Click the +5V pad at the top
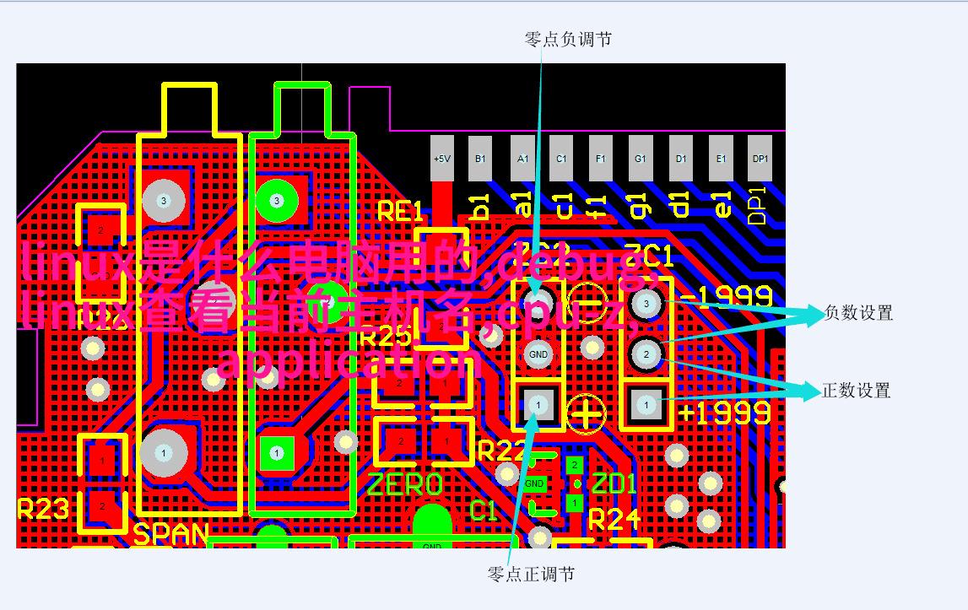click(442, 159)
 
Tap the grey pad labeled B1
click(480, 159)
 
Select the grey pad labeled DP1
click(760, 159)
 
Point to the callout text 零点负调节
click(568, 40)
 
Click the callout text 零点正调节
click(531, 575)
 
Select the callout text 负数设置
click(858, 313)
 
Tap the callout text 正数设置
click(857, 391)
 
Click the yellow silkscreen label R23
click(43, 509)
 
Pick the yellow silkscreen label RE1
click(399, 212)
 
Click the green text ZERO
click(405, 484)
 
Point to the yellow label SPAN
click(171, 535)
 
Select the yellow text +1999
click(725, 413)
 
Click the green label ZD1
click(614, 484)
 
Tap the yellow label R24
click(615, 520)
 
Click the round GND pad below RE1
click(538, 354)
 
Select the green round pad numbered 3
click(276, 201)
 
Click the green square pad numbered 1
click(276, 453)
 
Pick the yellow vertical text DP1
click(757, 205)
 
